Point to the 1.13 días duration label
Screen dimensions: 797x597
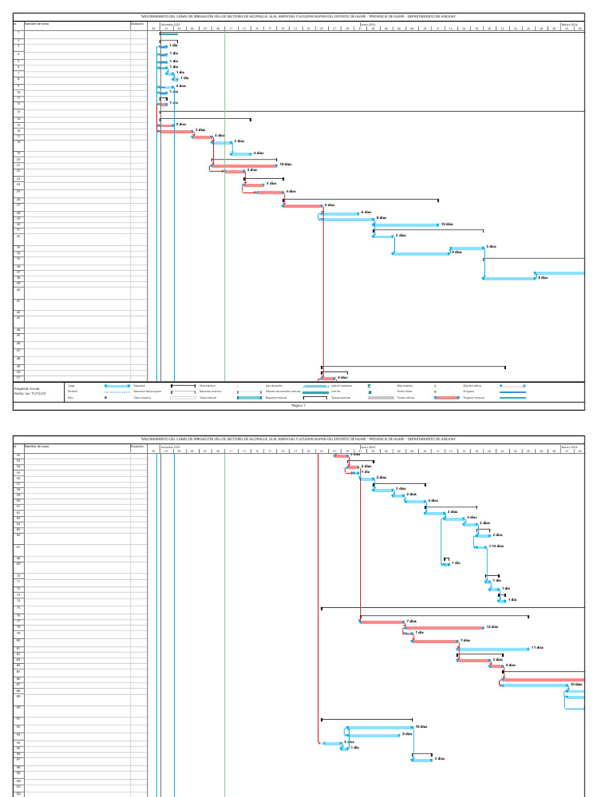click(x=497, y=546)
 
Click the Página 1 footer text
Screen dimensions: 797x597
click(x=298, y=406)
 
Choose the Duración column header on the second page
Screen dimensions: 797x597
click(x=138, y=446)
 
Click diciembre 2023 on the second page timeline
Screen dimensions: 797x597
click(x=170, y=447)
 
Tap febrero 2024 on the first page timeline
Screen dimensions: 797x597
click(x=569, y=24)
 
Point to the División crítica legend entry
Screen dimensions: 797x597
click(x=473, y=385)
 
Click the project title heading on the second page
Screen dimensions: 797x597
click(x=298, y=439)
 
